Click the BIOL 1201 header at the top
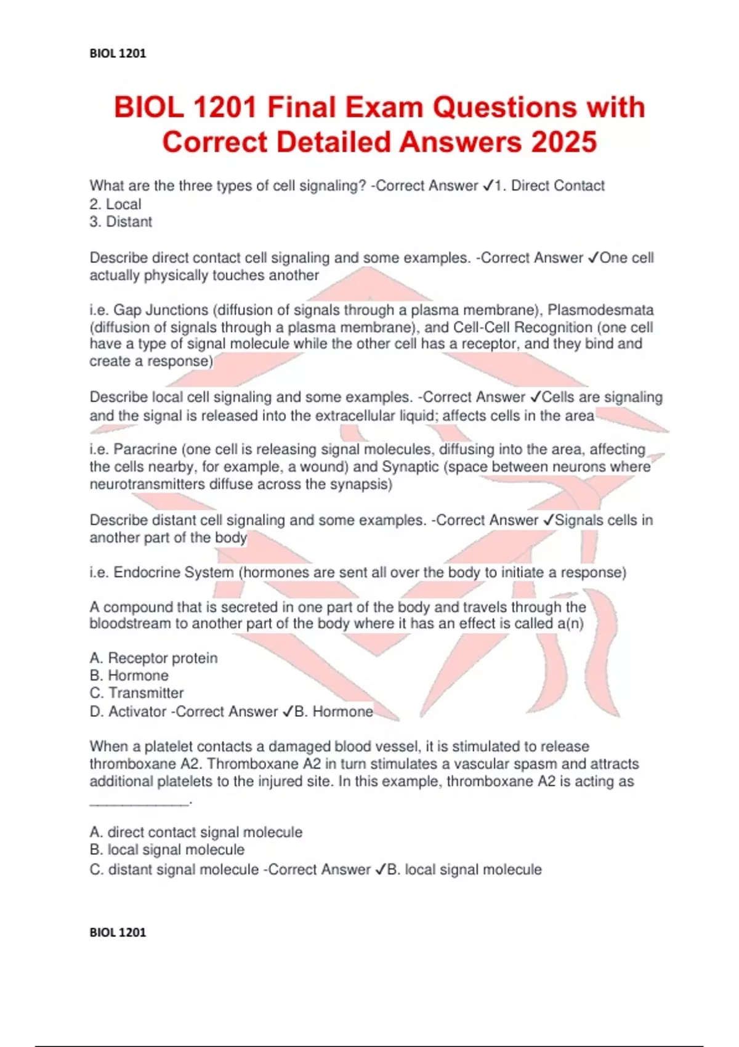[x=118, y=54]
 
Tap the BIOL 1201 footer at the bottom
[x=118, y=932]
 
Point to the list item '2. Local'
[x=115, y=204]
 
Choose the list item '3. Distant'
[x=121, y=222]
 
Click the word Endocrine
[x=148, y=572]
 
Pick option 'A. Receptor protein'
[x=153, y=658]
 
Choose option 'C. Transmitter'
[x=136, y=693]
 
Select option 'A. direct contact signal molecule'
[x=196, y=832]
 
